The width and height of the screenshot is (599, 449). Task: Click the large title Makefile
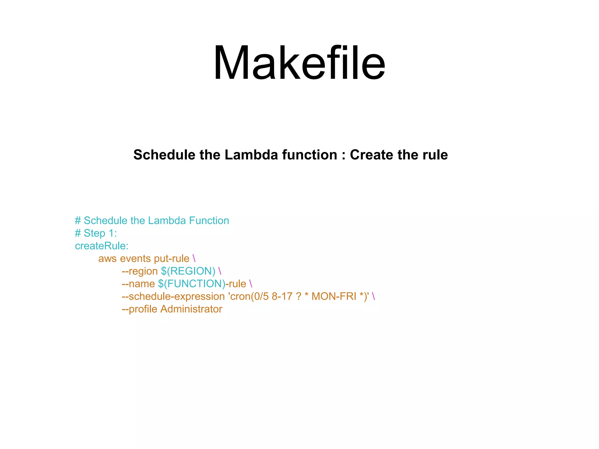(x=299, y=63)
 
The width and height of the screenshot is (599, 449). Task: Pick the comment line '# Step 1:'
(x=96, y=233)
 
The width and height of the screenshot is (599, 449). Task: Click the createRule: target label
(x=101, y=246)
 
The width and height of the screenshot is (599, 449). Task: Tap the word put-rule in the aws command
(x=172, y=259)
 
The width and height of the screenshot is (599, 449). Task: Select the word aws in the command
(x=107, y=259)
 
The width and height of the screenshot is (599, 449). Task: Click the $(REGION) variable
(x=188, y=271)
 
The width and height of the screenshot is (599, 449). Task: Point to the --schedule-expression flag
(x=173, y=297)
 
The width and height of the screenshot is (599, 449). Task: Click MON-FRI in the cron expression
(x=334, y=296)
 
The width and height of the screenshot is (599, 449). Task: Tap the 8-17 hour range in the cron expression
(x=282, y=296)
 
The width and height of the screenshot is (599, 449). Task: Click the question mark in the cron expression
(x=298, y=296)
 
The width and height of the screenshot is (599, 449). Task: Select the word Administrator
(x=191, y=309)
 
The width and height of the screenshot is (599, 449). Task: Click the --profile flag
(x=140, y=309)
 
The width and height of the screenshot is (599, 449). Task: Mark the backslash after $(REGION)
(x=220, y=271)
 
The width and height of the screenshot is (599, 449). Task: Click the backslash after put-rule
(x=194, y=259)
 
